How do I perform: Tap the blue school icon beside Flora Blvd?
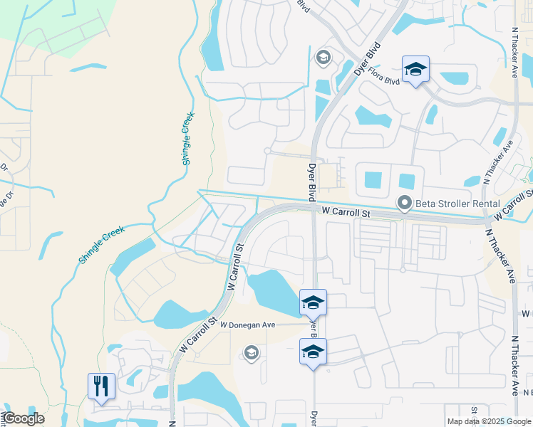415,69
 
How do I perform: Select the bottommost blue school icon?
313,352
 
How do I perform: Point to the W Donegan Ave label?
247,325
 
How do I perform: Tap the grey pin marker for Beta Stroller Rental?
405,204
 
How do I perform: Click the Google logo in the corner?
24,418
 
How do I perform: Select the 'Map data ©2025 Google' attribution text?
490,421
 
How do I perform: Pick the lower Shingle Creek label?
102,245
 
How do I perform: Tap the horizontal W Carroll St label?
346,213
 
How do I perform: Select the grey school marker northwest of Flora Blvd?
322,57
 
